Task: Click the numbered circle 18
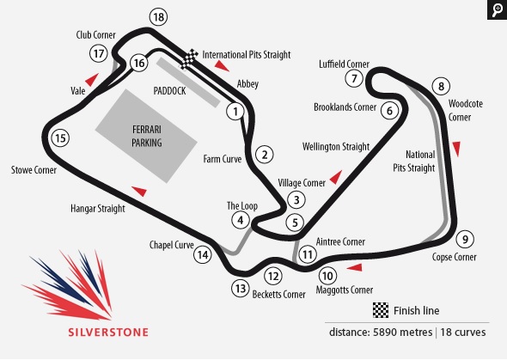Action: click(157, 16)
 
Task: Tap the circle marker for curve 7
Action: click(353, 78)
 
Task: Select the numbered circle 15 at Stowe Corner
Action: click(58, 137)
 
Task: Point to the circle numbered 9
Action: click(465, 239)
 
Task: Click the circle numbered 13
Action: click(240, 289)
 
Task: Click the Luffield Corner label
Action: click(343, 64)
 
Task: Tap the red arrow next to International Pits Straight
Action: click(222, 65)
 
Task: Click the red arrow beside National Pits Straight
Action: click(457, 149)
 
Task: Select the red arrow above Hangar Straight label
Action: click(139, 190)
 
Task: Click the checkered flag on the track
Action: click(191, 58)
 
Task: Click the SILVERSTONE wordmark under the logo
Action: click(108, 331)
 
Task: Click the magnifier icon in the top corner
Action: click(497, 9)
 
